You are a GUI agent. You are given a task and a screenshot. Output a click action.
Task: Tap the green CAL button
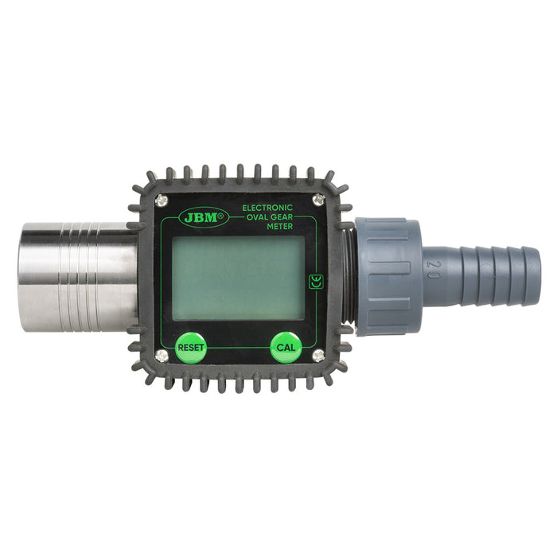(286, 347)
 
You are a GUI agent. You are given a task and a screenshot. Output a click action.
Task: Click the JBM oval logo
(204, 216)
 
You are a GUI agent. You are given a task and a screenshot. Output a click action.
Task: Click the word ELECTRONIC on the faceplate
(267, 208)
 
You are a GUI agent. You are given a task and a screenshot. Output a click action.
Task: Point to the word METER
(280, 226)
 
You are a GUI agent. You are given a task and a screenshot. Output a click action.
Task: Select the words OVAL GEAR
(270, 217)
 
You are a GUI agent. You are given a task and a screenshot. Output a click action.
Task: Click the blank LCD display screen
(238, 278)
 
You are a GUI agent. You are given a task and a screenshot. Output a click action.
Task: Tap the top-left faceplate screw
(162, 200)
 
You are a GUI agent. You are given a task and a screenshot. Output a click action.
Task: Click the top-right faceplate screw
(318, 199)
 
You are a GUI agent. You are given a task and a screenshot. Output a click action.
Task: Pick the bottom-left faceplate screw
(162, 355)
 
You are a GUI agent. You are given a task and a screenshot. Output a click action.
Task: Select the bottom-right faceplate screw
(318, 355)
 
